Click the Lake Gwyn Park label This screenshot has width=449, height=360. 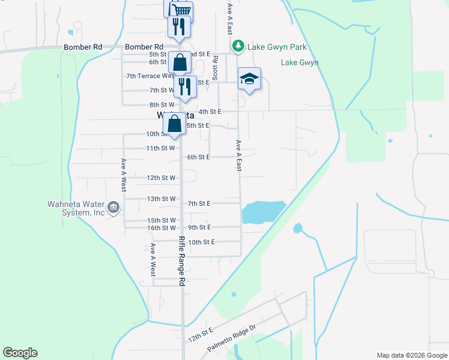point(277,47)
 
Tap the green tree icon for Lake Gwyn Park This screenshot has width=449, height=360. point(238,46)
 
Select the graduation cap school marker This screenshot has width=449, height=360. point(249,79)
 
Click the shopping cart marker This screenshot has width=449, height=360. point(181,10)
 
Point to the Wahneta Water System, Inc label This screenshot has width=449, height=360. point(76,208)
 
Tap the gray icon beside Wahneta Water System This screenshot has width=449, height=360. point(114,208)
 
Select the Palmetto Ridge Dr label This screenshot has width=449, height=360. point(232,337)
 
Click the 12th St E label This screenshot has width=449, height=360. point(200,332)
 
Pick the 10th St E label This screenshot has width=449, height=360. point(201,242)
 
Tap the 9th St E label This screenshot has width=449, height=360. point(199,227)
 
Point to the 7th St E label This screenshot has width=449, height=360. point(199,203)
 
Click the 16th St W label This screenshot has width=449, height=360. point(161,228)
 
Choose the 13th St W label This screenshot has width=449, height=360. point(161,199)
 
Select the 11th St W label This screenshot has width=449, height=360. point(160,148)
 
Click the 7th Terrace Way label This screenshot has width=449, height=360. point(150,76)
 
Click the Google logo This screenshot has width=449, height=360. point(20,353)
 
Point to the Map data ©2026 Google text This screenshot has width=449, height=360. point(412,355)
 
